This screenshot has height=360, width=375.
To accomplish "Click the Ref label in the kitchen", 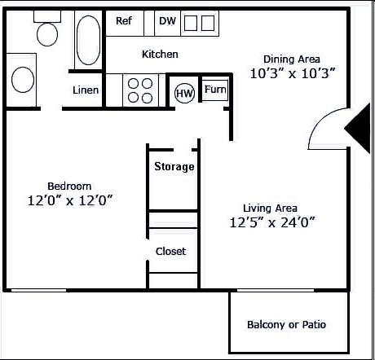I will pos(124,21).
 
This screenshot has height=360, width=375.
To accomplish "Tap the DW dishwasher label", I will pos(167,21).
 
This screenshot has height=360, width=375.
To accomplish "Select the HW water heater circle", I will pos(184,93).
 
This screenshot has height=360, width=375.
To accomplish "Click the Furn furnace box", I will pos(215,90).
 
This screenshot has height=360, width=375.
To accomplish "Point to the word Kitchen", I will pos(160,55).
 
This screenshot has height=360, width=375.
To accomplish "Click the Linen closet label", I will pos(86,90).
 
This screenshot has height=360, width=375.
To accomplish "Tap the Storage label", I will pos(174,167).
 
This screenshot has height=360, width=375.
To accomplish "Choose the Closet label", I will pos(170,251).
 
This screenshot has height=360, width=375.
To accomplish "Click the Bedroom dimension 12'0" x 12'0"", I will pos(69,200).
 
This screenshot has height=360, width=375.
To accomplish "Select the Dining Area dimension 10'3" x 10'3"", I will pos(293,72).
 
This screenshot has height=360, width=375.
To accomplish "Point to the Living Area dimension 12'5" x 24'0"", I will pos(272,222).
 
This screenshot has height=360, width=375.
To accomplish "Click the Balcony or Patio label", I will pos(286,324).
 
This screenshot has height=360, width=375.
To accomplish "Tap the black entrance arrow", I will pos(358,127).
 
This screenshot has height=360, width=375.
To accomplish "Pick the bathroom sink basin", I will pos(22,80).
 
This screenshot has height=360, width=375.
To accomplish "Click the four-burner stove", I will pos(141,90).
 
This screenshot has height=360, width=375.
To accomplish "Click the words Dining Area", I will pos(291,59).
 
